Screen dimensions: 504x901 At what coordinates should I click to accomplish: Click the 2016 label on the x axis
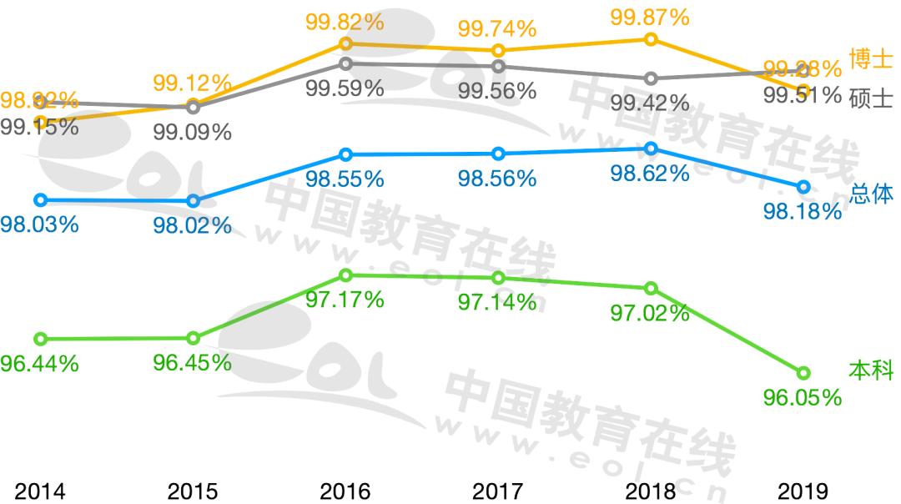pyautogui.click(x=345, y=491)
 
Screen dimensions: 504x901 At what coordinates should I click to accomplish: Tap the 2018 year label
pyautogui.click(x=650, y=491)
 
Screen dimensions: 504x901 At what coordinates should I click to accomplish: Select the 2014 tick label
pyautogui.click(x=39, y=491)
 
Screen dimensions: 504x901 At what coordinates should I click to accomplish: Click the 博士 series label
pyautogui.click(x=871, y=59)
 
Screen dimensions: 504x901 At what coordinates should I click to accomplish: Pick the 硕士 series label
pyautogui.click(x=871, y=98)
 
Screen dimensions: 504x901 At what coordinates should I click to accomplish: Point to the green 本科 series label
pyautogui.click(x=871, y=370)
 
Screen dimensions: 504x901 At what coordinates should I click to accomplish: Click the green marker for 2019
pyautogui.click(x=803, y=372)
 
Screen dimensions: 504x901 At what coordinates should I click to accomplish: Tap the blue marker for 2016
pyautogui.click(x=345, y=154)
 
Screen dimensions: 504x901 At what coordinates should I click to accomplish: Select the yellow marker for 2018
pyautogui.click(x=651, y=39)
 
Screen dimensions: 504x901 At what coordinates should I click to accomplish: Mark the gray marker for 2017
pyautogui.click(x=498, y=66)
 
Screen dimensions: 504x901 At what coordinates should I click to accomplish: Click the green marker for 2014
pyautogui.click(x=40, y=339)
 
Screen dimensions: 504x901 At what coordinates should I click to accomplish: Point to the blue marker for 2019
pyautogui.click(x=803, y=186)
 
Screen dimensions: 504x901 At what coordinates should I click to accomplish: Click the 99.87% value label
pyautogui.click(x=649, y=16)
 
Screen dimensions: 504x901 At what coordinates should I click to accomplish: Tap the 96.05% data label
pyautogui.click(x=803, y=398)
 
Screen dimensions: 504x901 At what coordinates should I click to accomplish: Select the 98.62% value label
pyautogui.click(x=649, y=174)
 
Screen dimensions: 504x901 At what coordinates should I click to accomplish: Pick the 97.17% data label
pyautogui.click(x=345, y=300)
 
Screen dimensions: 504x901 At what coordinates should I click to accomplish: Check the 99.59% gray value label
pyautogui.click(x=345, y=88)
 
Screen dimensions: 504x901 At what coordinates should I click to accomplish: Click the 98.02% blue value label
pyautogui.click(x=192, y=225)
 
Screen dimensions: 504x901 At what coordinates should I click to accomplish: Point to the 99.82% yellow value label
pyautogui.click(x=345, y=22)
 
